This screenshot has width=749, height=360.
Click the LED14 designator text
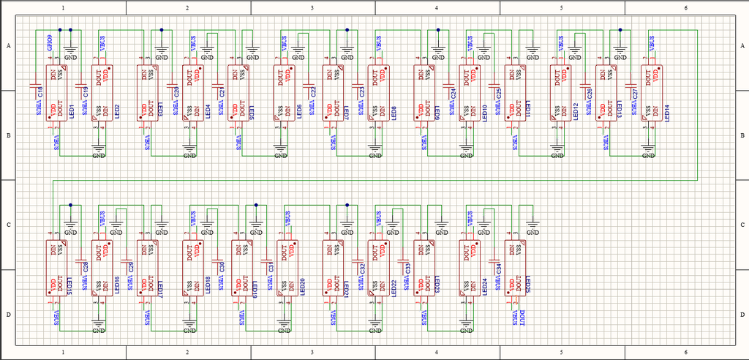666,111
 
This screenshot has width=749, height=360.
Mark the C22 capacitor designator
313,92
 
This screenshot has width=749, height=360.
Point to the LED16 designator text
117,286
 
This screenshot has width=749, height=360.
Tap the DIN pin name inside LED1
52,74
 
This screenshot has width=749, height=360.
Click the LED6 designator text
300,111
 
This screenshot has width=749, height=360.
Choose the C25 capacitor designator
499,92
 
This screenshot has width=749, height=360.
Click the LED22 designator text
394,286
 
